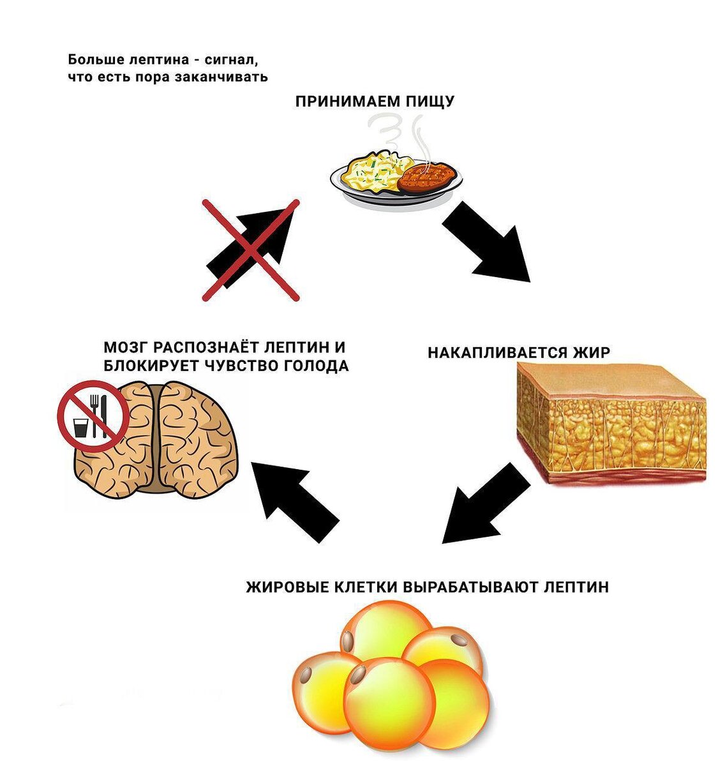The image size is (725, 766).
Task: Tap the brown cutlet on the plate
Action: [428, 177]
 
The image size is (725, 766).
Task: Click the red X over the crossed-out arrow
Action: [251, 250]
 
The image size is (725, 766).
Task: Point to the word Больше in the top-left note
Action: [92, 60]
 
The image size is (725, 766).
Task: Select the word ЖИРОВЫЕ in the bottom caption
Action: [287, 586]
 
